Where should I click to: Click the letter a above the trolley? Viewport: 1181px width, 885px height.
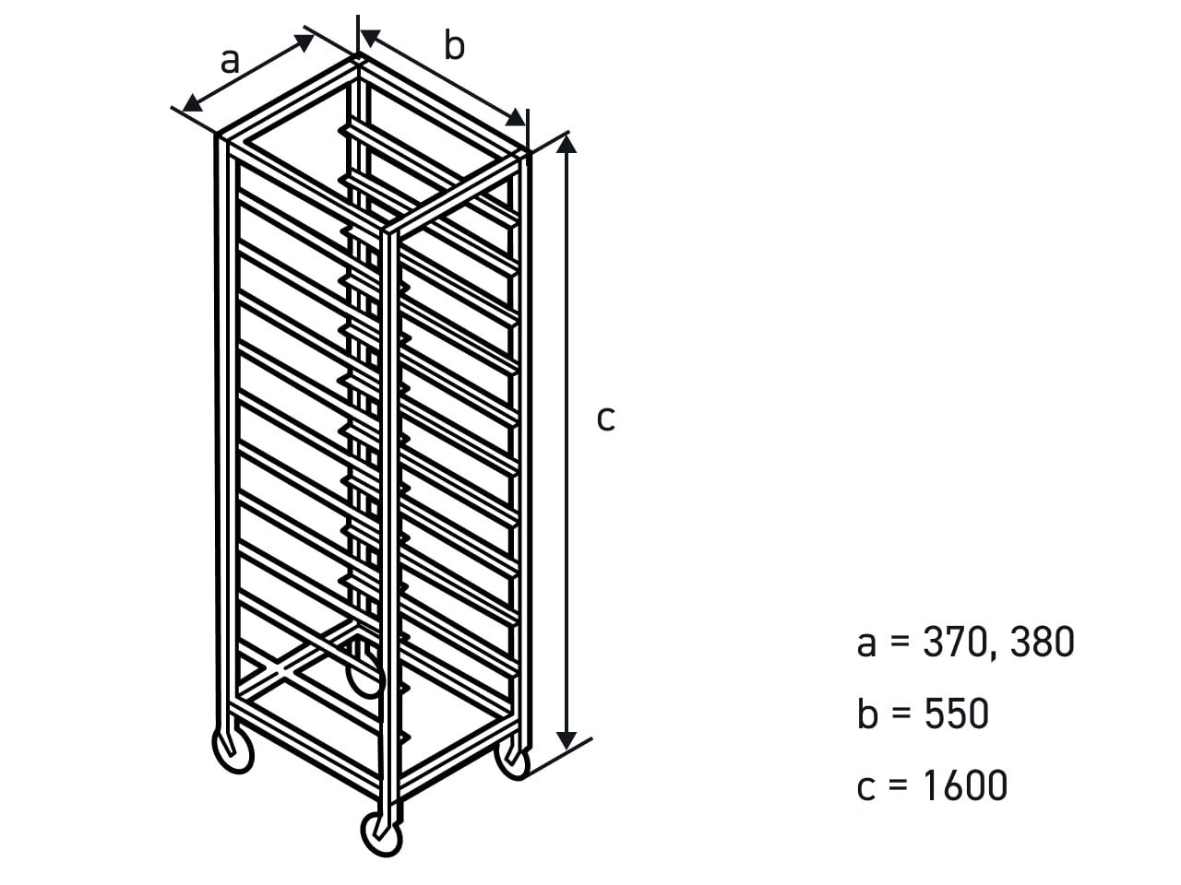tap(230, 61)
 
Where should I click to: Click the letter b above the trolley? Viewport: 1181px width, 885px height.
tap(454, 45)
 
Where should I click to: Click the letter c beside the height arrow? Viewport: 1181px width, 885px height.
tap(605, 419)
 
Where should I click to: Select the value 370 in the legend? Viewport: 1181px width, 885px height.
tap(954, 643)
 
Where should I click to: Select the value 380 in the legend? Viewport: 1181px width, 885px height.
tap(1043, 643)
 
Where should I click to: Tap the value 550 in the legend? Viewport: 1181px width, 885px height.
tap(957, 714)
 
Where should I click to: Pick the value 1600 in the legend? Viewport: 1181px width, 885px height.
tap(965, 785)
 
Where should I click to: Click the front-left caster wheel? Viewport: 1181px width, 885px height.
tap(233, 751)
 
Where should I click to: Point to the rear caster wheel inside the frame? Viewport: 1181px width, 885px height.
tap(366, 675)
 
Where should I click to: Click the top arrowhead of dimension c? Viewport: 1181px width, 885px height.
tap(566, 145)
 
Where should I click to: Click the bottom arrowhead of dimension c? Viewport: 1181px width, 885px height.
tap(566, 740)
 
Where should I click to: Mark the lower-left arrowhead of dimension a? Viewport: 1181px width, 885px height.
tap(192, 103)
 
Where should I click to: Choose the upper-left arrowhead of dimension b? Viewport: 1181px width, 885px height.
tap(371, 38)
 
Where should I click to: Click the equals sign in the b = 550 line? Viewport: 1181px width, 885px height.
tap(901, 714)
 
